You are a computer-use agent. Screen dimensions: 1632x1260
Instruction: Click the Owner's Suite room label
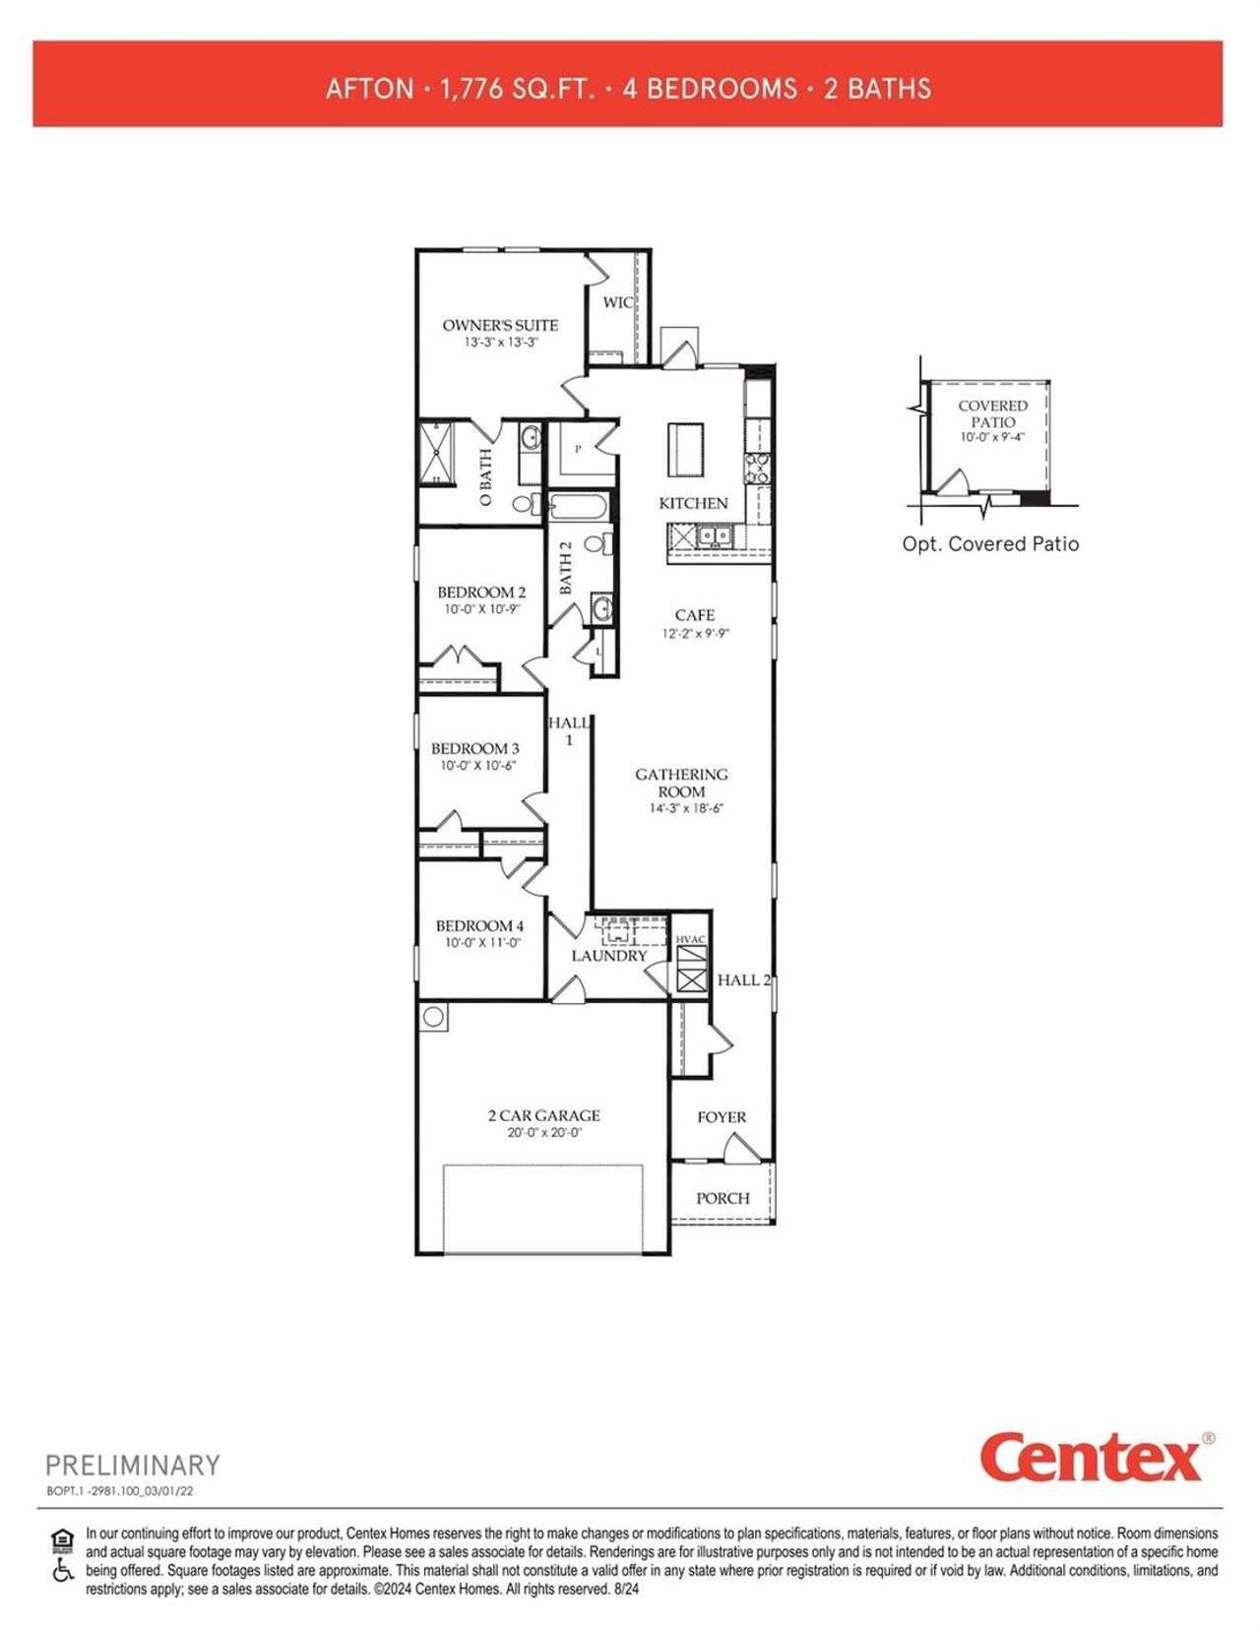(x=500, y=325)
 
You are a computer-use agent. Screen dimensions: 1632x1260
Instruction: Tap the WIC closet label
(x=617, y=302)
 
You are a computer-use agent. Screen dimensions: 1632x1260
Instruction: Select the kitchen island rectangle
(x=687, y=448)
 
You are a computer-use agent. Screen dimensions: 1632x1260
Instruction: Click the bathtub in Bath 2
(x=581, y=508)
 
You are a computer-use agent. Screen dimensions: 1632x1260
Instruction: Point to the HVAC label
(x=691, y=939)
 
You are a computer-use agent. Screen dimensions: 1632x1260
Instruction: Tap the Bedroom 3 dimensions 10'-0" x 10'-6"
(x=477, y=765)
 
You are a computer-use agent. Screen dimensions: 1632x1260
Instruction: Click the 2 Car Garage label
(x=543, y=1115)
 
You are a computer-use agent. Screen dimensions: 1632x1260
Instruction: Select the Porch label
(x=723, y=1198)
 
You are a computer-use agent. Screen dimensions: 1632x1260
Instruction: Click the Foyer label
(x=722, y=1117)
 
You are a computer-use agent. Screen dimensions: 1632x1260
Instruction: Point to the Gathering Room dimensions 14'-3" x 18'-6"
(x=681, y=808)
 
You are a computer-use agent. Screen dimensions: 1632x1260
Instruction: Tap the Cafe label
(x=695, y=615)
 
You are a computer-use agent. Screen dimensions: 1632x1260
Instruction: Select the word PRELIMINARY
(x=133, y=1465)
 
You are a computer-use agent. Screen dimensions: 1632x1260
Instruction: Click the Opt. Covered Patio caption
(x=990, y=544)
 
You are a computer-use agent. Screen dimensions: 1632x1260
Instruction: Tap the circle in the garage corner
(x=433, y=1017)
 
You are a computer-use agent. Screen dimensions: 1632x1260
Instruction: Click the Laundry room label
(x=609, y=956)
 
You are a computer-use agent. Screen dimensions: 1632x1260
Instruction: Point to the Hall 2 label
(x=744, y=979)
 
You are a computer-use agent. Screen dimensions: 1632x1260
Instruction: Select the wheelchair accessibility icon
(x=63, y=1570)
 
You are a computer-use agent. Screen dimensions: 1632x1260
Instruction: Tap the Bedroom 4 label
(x=479, y=925)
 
